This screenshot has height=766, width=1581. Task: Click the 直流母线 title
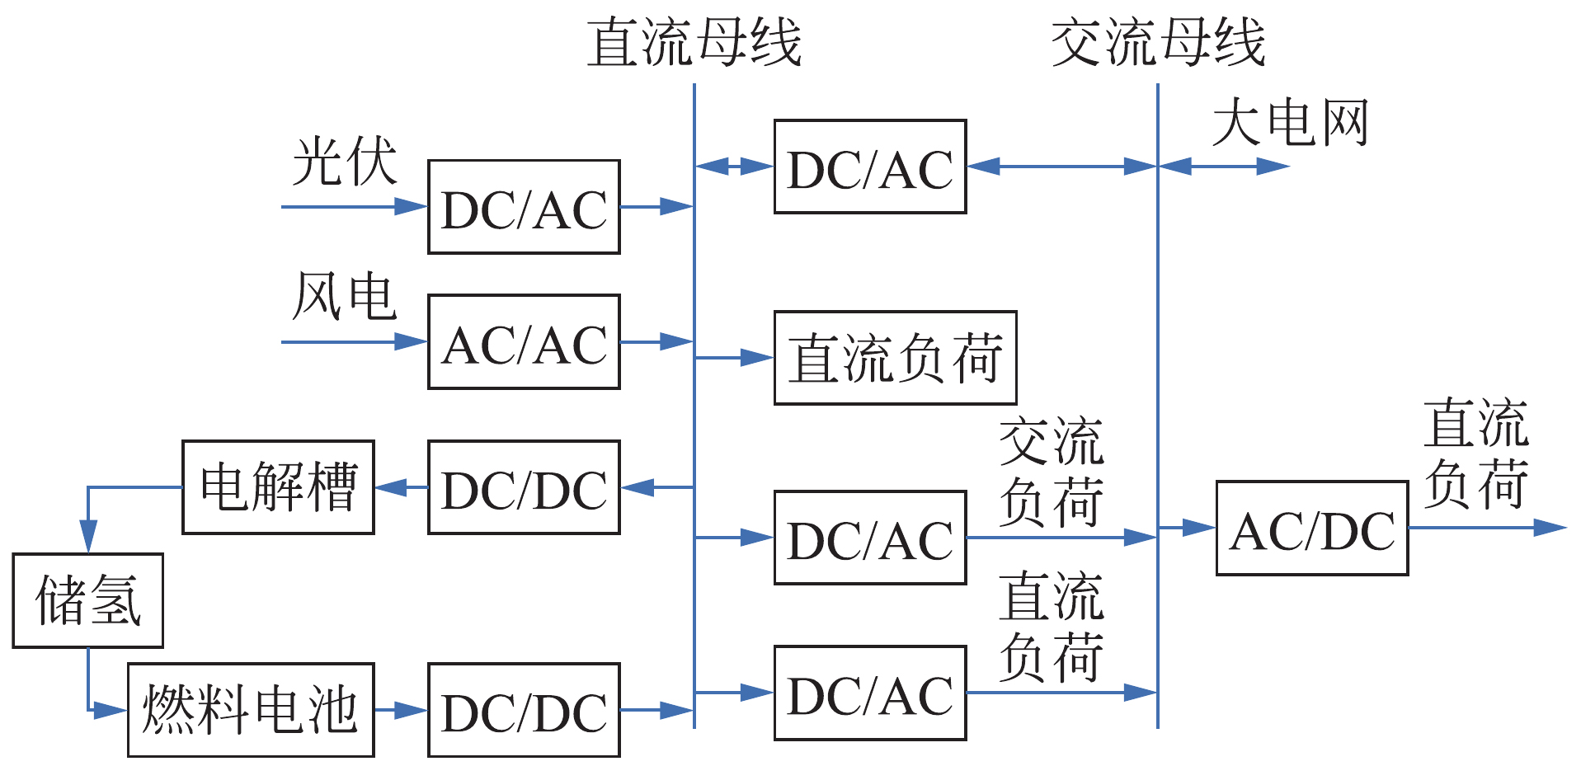694,43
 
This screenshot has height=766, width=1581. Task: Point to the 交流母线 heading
1157,43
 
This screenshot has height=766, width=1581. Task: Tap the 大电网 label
1290,123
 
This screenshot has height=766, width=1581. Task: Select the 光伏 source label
345,162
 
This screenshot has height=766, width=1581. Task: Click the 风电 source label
345,297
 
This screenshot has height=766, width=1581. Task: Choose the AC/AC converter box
524,341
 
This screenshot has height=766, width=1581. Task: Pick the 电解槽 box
278,487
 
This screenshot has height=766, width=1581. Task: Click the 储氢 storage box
87,600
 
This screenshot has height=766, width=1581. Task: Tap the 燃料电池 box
251,710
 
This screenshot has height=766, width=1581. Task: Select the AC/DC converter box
1311,528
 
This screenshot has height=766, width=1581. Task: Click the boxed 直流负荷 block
895,358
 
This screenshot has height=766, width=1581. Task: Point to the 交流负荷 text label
1051,472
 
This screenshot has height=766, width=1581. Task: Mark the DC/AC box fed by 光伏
524,207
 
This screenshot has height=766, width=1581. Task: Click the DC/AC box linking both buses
870,167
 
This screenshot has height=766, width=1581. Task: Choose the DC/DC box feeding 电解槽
524,487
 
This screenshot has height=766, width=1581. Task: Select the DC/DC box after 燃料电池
524,710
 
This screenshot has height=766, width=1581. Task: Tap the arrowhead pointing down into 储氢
88,537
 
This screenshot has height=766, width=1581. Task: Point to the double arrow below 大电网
1224,167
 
